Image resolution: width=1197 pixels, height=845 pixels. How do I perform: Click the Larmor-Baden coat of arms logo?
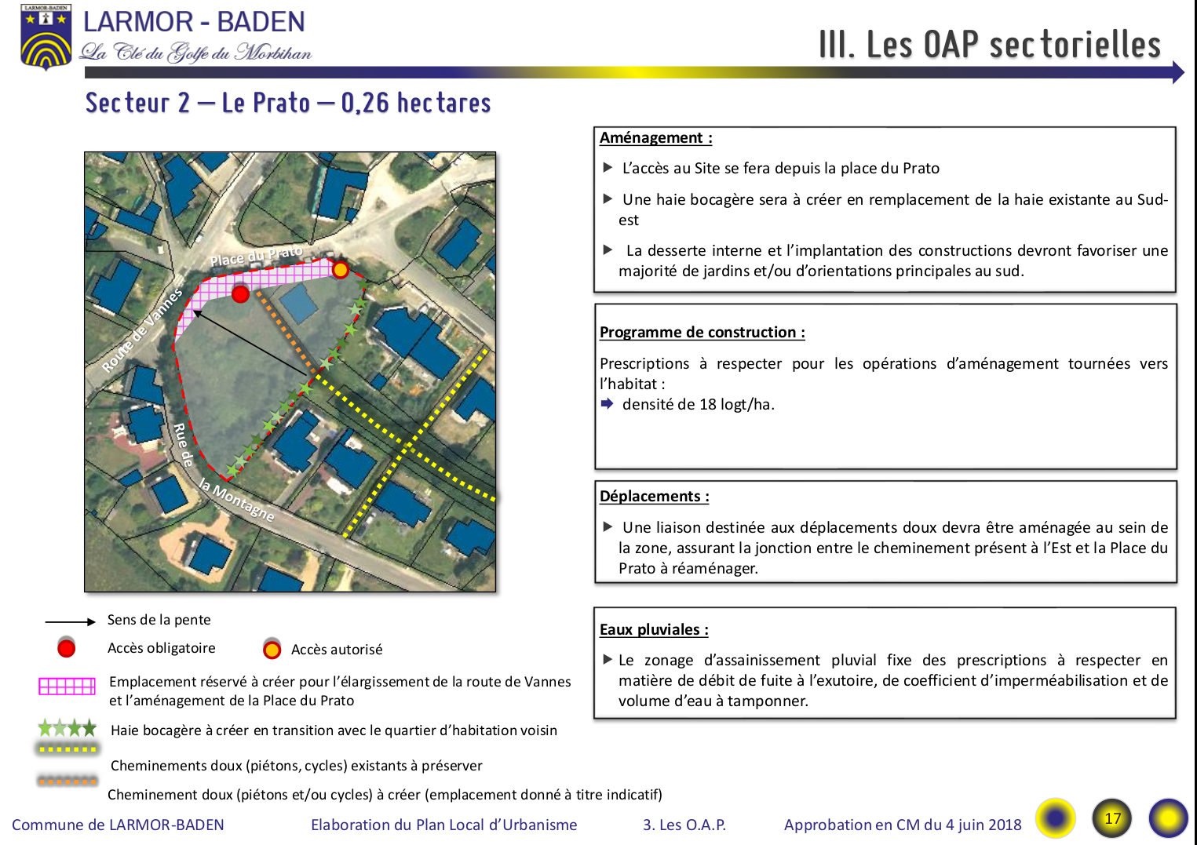tap(46, 38)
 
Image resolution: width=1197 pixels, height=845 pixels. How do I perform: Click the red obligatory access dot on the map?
tap(241, 293)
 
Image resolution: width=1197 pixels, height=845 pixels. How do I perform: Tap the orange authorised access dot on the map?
tap(340, 270)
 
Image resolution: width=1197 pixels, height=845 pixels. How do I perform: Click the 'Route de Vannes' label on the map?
tap(142, 330)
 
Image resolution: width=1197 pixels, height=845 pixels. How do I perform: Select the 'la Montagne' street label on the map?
tap(236, 500)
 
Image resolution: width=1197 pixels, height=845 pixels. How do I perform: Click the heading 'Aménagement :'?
tap(655, 138)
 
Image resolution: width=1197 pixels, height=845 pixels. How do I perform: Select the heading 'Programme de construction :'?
tap(702, 333)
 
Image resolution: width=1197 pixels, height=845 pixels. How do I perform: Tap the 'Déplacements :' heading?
tap(654, 497)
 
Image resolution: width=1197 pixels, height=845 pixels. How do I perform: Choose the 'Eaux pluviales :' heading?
tap(654, 630)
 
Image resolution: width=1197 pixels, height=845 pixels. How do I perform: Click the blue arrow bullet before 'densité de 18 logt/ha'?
tap(607, 404)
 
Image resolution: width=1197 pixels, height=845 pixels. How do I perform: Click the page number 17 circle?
tap(1112, 818)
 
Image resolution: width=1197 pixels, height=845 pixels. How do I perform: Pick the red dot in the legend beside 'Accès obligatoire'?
tap(67, 648)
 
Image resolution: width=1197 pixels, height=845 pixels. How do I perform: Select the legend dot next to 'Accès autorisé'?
tap(272, 650)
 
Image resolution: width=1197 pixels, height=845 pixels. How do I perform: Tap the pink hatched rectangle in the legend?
tap(67, 687)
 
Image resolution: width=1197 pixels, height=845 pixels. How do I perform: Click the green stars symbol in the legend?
tap(68, 728)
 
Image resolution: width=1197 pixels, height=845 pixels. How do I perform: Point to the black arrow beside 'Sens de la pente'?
tap(70, 621)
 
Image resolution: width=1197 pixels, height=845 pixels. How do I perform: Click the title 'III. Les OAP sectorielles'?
tap(989, 45)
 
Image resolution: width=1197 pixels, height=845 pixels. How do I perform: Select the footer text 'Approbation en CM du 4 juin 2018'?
tap(903, 825)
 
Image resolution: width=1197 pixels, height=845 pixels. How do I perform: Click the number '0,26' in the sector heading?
tap(365, 103)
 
